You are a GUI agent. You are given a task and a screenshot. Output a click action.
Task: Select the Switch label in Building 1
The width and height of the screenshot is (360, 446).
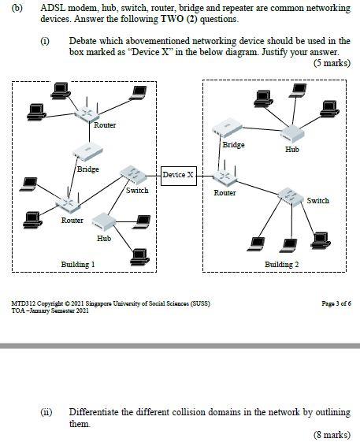point(137,190)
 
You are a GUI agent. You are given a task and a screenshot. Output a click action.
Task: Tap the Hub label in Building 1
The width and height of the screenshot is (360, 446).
point(104,237)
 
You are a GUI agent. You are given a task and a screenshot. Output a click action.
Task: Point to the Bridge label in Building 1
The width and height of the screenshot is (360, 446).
point(87,169)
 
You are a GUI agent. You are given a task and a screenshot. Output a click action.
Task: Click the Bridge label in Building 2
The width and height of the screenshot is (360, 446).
point(233,144)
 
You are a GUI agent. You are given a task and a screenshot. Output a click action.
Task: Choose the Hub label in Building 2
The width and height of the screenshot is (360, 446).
point(291,148)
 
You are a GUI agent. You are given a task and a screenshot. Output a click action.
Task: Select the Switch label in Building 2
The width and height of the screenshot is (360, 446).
point(317,200)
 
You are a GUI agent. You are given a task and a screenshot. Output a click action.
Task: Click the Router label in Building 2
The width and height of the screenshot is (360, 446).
point(225,192)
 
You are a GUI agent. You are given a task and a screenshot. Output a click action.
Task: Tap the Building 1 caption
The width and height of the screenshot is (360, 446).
point(78,264)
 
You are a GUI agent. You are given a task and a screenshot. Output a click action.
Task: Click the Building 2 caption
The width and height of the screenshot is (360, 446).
point(281,264)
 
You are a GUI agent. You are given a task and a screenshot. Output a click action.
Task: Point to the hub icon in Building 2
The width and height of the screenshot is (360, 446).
point(292,132)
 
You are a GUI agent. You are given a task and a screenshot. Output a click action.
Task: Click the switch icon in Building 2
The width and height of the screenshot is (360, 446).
point(291,193)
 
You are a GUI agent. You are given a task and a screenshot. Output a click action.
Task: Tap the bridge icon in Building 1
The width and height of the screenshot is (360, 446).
point(87,153)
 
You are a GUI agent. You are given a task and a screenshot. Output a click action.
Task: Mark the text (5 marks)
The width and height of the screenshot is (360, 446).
point(331,62)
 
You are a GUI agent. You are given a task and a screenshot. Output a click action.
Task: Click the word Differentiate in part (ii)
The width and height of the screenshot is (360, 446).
point(95,412)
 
